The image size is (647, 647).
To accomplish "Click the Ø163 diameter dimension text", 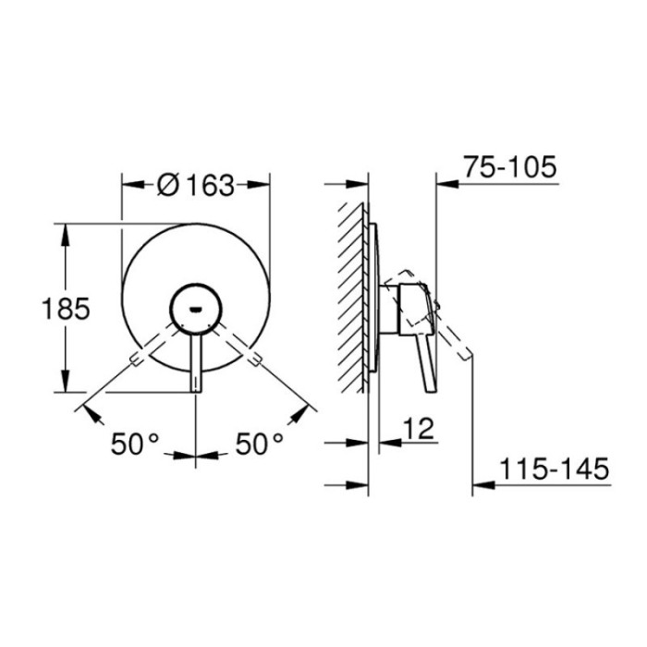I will [196, 185].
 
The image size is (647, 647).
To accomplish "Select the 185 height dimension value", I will [65, 308].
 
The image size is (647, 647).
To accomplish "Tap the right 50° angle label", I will [258, 446].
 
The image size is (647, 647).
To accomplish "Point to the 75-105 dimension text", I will [510, 167].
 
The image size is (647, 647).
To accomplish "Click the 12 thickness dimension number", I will [418, 428].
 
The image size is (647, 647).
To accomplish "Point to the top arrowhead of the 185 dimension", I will [65, 231].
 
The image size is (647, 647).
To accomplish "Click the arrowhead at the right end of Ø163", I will [262, 185].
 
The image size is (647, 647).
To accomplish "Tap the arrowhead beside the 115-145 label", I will [483, 483].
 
